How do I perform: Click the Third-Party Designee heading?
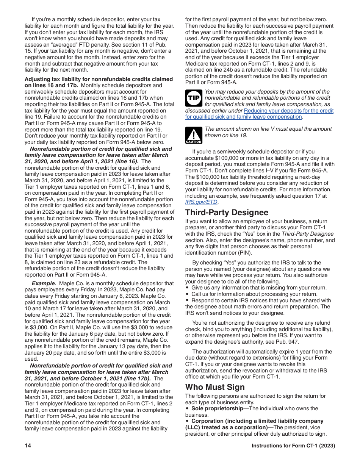click(x=227, y=213)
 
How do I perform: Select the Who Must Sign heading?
click(x=215, y=387)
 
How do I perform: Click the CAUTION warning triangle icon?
click(x=193, y=135)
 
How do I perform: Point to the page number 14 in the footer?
click(x=28, y=446)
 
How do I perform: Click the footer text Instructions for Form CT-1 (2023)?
click(x=293, y=446)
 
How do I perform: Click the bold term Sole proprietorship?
click(x=217, y=408)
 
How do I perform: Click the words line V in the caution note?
click(x=259, y=129)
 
